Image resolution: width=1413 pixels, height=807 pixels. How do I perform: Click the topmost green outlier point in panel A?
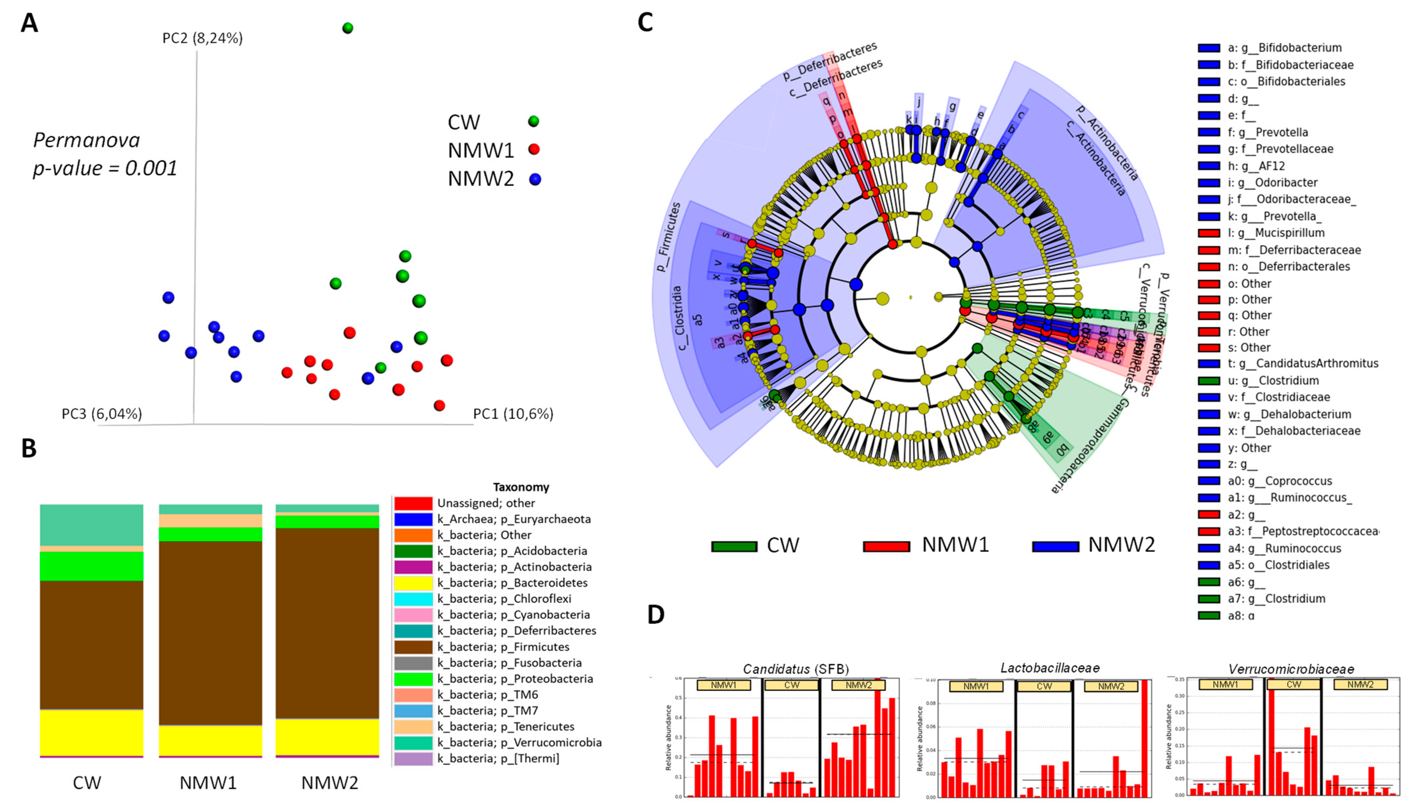pyautogui.click(x=347, y=28)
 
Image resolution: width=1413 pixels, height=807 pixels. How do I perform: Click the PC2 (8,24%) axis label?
pyautogui.click(x=202, y=38)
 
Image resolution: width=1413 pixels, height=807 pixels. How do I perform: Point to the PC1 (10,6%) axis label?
pyautogui.click(x=513, y=414)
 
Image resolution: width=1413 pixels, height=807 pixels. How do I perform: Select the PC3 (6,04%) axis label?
pyautogui.click(x=102, y=414)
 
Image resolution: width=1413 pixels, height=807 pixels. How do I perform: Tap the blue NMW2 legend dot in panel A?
pyautogui.click(x=534, y=179)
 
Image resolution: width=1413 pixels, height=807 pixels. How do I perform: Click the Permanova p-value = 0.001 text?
pyautogui.click(x=105, y=154)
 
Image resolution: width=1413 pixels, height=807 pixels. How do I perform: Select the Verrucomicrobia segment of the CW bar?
pyautogui.click(x=91, y=525)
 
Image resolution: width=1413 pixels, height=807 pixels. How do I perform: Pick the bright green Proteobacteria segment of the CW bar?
pyautogui.click(x=91, y=566)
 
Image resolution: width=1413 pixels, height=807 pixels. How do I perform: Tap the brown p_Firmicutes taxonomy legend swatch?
pyautogui.click(x=413, y=647)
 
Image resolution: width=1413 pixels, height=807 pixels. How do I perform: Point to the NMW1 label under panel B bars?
pyautogui.click(x=208, y=782)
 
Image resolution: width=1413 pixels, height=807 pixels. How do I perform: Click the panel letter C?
pyautogui.click(x=645, y=22)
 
